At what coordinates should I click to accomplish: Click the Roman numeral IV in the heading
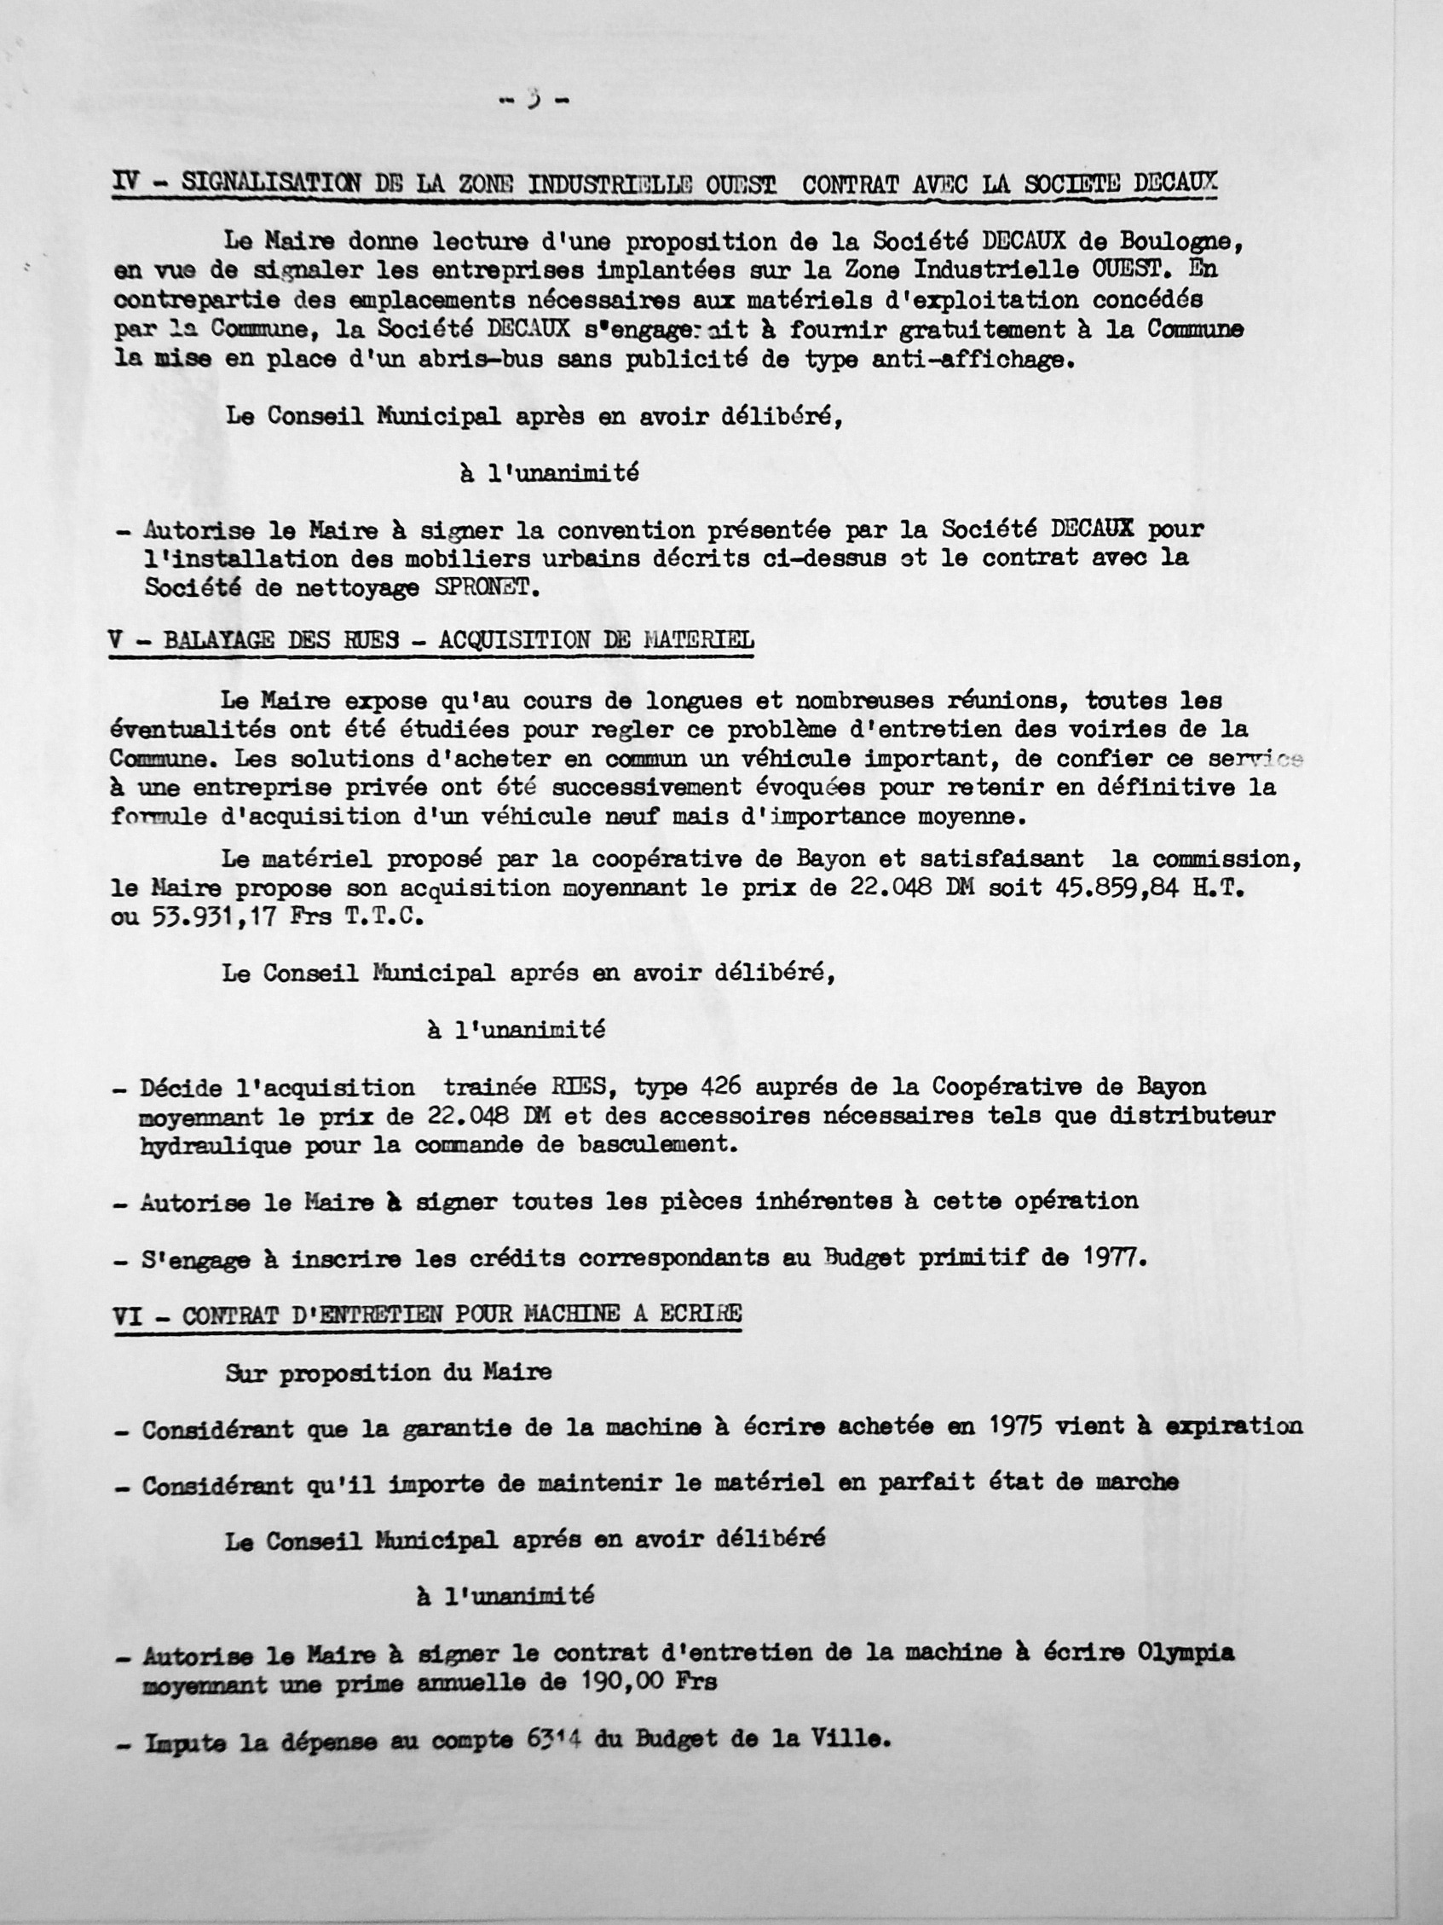pyautogui.click(x=128, y=185)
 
